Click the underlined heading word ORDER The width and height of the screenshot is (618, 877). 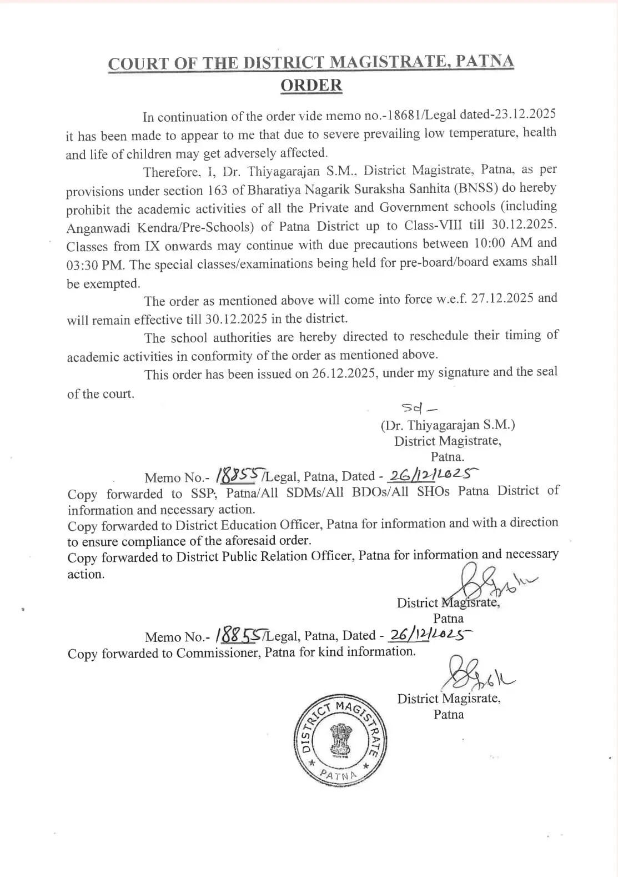[311, 86]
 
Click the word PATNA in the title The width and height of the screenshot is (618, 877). [485, 62]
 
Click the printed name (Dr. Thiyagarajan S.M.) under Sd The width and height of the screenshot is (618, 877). [448, 425]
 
